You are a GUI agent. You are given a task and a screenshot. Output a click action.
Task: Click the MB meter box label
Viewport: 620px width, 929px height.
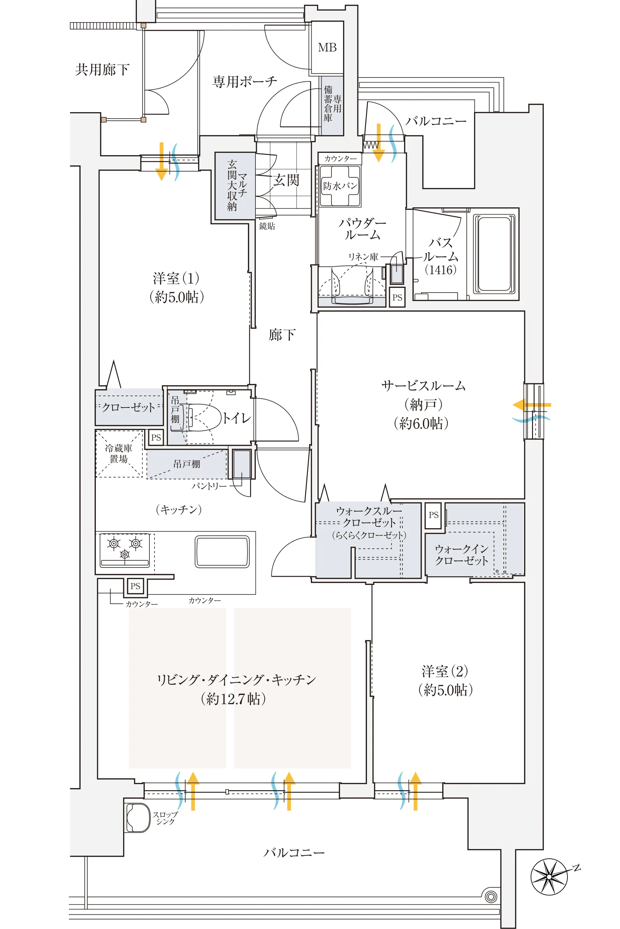pyautogui.click(x=327, y=48)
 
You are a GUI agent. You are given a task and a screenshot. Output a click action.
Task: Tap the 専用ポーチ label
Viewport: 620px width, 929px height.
pyautogui.click(x=245, y=82)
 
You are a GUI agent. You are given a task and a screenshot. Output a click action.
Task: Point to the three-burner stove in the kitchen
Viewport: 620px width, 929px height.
pyautogui.click(x=124, y=549)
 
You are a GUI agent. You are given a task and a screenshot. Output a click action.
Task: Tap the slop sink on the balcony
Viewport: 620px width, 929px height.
pyautogui.click(x=137, y=817)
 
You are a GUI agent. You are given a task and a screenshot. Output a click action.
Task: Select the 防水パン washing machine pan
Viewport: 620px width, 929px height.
pyautogui.click(x=340, y=186)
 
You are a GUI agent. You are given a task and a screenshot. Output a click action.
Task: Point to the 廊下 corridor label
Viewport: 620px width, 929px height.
pyautogui.click(x=282, y=335)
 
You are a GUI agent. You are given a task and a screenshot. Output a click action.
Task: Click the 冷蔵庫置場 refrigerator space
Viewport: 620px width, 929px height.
pyautogui.click(x=119, y=454)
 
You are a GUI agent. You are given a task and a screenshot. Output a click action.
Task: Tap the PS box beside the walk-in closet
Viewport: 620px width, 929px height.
pyautogui.click(x=433, y=515)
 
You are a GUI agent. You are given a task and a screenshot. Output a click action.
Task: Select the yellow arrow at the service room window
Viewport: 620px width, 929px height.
pyautogui.click(x=532, y=405)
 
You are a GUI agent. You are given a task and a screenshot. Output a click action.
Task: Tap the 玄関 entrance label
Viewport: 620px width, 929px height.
pyautogui.click(x=286, y=180)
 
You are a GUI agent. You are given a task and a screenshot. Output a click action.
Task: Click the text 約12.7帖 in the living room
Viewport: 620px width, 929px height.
pyautogui.click(x=233, y=699)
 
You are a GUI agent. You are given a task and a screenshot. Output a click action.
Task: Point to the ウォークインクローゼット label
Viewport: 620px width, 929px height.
pyautogui.click(x=461, y=555)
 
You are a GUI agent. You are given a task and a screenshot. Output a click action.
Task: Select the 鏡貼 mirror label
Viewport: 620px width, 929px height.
pyautogui.click(x=267, y=226)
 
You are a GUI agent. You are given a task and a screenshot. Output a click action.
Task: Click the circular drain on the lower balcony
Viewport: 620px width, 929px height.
pyautogui.click(x=491, y=896)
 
